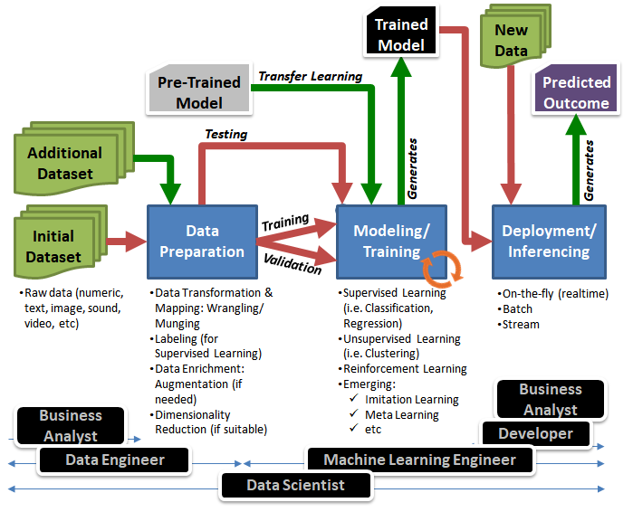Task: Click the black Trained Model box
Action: pyautogui.click(x=401, y=34)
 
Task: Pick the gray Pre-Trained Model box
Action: pyautogui.click(x=199, y=91)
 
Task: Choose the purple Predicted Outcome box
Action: pyautogui.click(x=576, y=92)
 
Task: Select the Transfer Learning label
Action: pyautogui.click(x=311, y=77)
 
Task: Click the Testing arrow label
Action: pyautogui.click(x=225, y=134)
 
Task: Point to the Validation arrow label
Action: pyautogui.click(x=292, y=265)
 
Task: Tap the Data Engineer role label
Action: pyautogui.click(x=115, y=460)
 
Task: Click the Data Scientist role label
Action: pyautogui.click(x=295, y=485)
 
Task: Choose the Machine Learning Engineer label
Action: pyautogui.click(x=419, y=460)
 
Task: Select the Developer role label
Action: pyautogui.click(x=535, y=434)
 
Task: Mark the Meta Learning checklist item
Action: pyautogui.click(x=401, y=414)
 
